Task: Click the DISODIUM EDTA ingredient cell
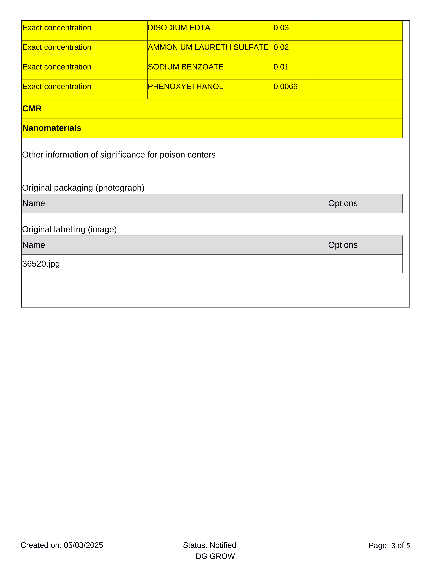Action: coord(179,28)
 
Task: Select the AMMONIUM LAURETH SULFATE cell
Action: coord(208,47)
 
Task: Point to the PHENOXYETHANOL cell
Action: coord(185,86)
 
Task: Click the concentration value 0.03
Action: coord(281,28)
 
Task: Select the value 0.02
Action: coord(281,47)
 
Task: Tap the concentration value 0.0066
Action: coord(285,86)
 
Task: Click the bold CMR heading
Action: coord(32,108)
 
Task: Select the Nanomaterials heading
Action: coord(52,128)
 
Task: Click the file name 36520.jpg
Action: coord(41,264)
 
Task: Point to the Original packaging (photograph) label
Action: coord(83,188)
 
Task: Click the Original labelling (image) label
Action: coord(69,230)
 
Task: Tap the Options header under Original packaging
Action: coord(343,203)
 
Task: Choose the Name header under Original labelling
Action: coord(33,245)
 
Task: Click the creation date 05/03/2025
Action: coord(83,545)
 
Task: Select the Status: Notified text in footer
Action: coord(209,545)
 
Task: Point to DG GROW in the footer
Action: coord(215,556)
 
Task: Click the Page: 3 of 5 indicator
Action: coord(389,545)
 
